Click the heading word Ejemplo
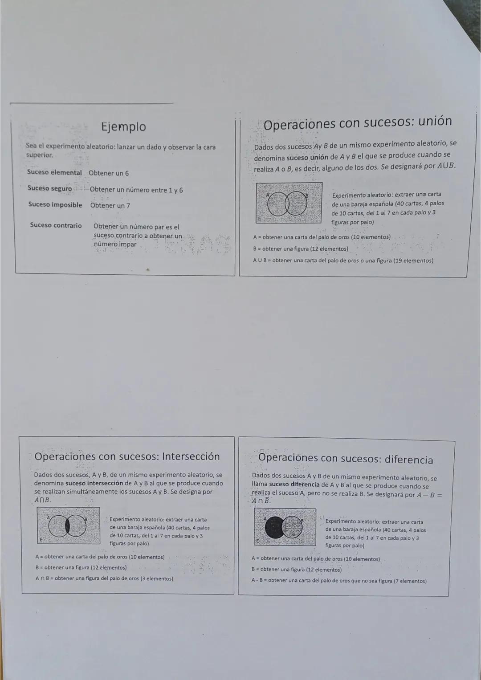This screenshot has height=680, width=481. [124, 127]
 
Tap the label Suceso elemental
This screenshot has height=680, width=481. [54, 172]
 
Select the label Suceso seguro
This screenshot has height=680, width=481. [49, 188]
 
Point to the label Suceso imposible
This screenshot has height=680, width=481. [55, 205]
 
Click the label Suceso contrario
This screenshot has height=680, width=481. [56, 225]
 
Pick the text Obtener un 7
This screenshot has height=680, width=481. [110, 206]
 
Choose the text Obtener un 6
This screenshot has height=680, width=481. [109, 173]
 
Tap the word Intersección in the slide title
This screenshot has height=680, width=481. [191, 456]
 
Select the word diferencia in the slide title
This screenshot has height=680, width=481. [408, 460]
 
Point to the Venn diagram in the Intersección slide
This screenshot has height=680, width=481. [69, 526]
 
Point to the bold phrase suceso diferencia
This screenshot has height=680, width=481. [294, 485]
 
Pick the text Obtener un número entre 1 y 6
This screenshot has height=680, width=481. [136, 190]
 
